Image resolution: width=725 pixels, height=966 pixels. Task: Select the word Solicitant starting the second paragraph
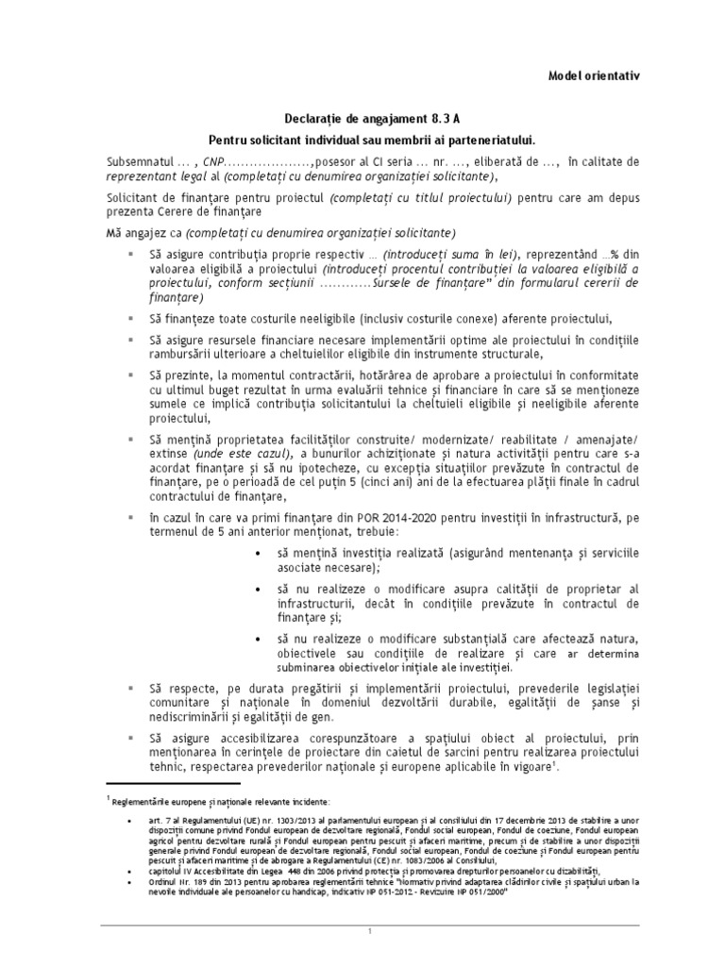(134, 197)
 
